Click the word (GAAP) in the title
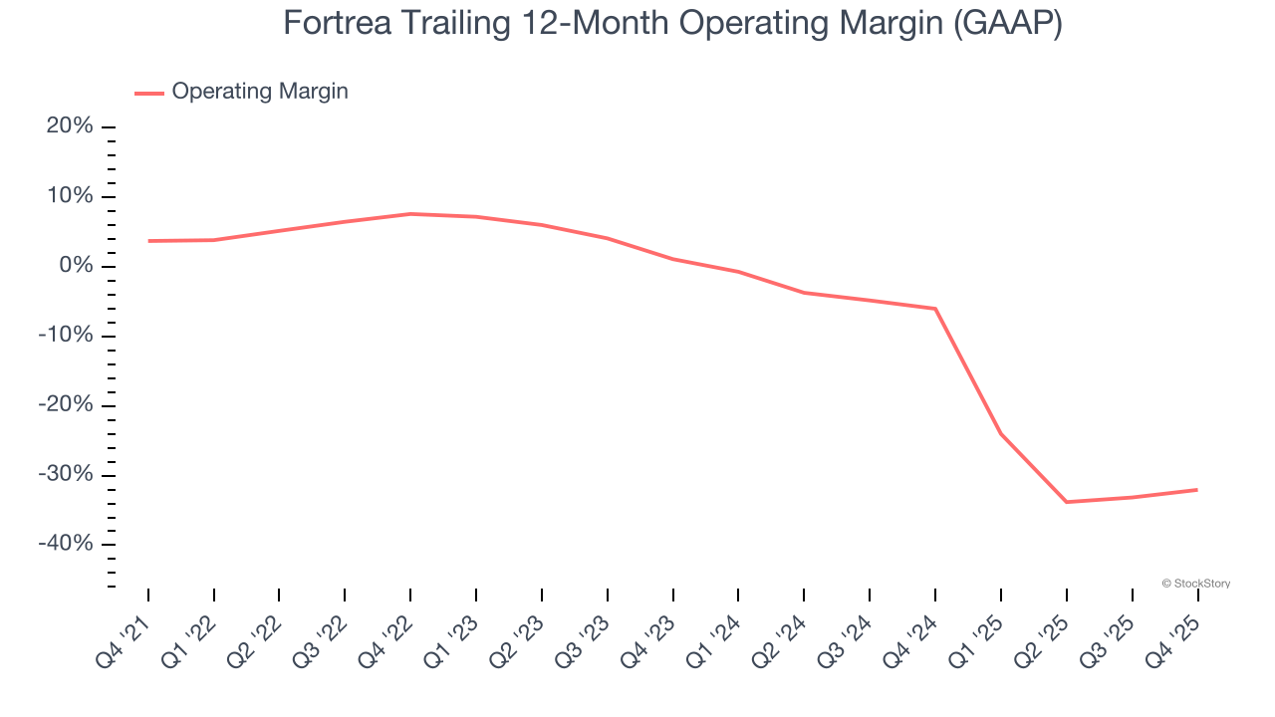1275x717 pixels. tap(1007, 23)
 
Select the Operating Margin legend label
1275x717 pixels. tap(260, 92)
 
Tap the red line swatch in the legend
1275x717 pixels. tap(149, 93)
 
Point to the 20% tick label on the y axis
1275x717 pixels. tap(70, 126)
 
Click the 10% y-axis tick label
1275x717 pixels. tap(70, 196)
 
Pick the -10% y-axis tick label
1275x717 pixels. tap(66, 336)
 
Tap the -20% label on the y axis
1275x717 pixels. tap(66, 405)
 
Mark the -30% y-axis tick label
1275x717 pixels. tap(66, 474)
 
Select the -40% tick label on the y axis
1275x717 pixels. tap(66, 544)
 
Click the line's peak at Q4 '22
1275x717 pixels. tap(410, 214)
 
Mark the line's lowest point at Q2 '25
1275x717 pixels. tap(1067, 502)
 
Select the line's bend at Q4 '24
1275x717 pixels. tap(935, 309)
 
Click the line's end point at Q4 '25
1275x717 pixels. tap(1197, 490)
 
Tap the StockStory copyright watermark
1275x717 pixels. tap(1195, 584)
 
